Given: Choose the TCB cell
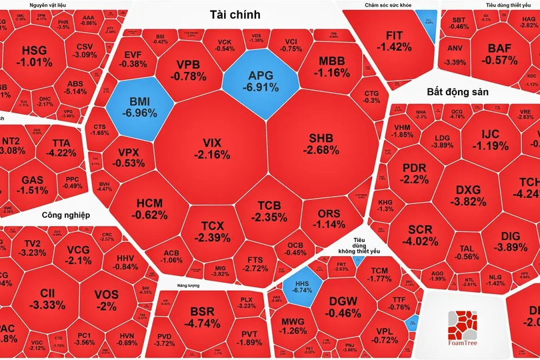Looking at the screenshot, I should pyautogui.click(x=269, y=210).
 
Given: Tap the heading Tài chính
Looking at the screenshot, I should pyautogui.click(x=235, y=14).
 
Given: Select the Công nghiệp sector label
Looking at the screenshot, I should pyautogui.click(x=66, y=215).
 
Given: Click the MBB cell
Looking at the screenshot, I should pyautogui.click(x=328, y=67).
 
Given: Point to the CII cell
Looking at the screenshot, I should pyautogui.click(x=47, y=299).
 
